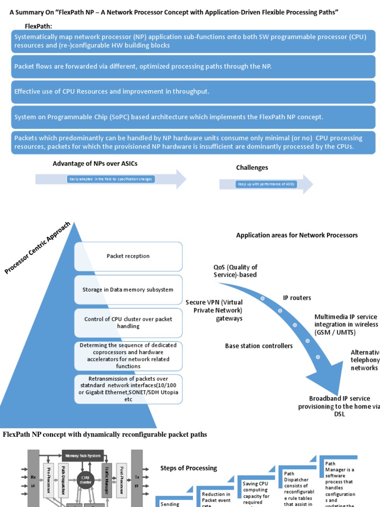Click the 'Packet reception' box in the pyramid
[x=128, y=256]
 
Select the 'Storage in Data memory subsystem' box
[x=128, y=290]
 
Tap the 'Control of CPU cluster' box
[x=128, y=323]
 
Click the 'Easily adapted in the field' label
[x=111, y=179]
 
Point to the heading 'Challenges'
[x=252, y=168]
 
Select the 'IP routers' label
[x=297, y=298]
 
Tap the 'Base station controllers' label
[x=259, y=346]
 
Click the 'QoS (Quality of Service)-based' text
[x=236, y=271]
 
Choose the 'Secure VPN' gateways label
[x=214, y=310]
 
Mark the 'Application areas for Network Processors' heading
[x=297, y=235]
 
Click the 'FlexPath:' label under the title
[x=39, y=26]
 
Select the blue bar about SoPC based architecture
[x=193, y=117]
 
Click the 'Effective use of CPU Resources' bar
[x=193, y=92]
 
